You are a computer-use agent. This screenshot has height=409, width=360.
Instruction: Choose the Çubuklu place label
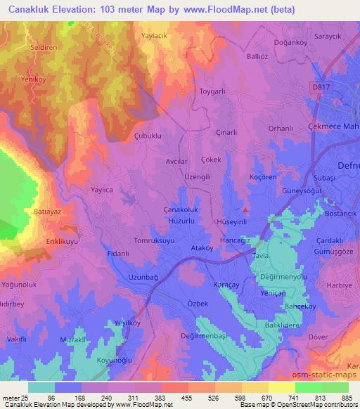pyautogui.click(x=148, y=134)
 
